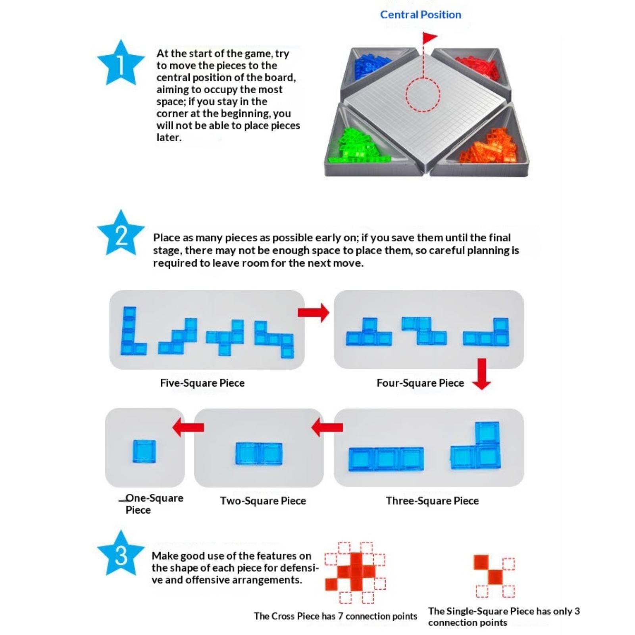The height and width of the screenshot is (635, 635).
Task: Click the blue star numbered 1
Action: click(121, 64)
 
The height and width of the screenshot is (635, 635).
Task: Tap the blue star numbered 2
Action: click(121, 235)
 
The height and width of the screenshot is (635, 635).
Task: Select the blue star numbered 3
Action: click(121, 554)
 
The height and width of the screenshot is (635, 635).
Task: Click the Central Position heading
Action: click(420, 15)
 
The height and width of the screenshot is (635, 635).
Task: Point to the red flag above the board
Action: click(429, 38)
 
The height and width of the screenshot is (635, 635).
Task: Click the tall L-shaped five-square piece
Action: click(132, 331)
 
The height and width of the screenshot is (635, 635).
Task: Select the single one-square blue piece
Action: click(144, 452)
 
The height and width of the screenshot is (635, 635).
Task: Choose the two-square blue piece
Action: click(259, 454)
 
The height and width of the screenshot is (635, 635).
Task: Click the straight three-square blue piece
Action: click(386, 459)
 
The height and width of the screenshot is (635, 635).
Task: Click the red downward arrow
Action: click(481, 373)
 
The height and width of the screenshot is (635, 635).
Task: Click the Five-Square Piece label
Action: click(202, 383)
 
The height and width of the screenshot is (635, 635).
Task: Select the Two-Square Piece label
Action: click(263, 501)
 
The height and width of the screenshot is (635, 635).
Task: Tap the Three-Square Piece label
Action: click(432, 501)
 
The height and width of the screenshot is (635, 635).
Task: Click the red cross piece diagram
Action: click(355, 571)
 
